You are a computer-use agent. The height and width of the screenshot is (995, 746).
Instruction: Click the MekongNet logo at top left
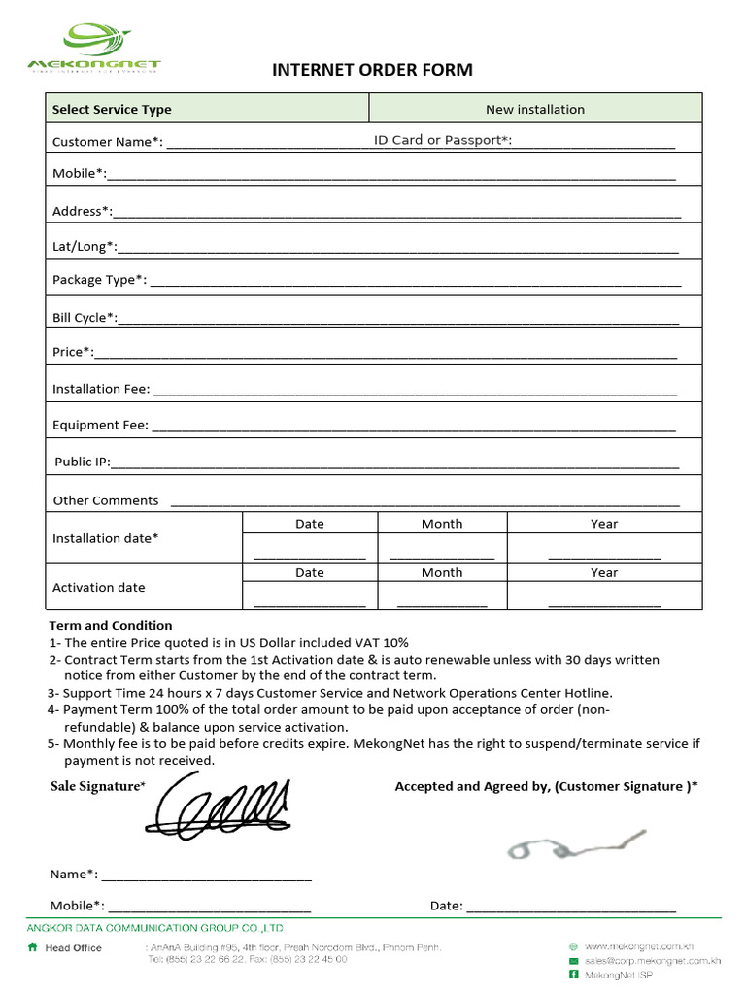[x=95, y=49]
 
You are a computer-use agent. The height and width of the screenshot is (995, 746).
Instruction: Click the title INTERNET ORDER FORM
[x=372, y=70]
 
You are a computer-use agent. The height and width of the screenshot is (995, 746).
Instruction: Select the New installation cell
[x=535, y=109]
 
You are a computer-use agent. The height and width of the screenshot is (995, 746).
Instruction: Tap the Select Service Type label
[x=112, y=110]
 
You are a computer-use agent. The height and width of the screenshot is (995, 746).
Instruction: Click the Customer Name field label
[x=107, y=142]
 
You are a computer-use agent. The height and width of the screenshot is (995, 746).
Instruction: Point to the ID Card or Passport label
[x=442, y=140]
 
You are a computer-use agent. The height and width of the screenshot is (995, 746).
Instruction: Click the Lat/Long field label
[x=84, y=246]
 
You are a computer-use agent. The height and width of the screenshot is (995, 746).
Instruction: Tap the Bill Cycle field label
[x=85, y=317]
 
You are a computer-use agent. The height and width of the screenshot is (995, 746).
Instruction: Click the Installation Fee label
[x=101, y=389]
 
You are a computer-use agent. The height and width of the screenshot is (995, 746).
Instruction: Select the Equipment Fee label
[x=100, y=425]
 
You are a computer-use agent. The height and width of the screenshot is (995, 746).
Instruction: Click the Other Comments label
[x=106, y=500]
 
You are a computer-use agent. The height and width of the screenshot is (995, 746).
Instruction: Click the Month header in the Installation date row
[x=442, y=524]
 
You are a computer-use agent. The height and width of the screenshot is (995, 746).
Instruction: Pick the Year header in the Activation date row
[x=603, y=573]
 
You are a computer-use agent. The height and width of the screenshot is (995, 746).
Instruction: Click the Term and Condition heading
[x=111, y=625]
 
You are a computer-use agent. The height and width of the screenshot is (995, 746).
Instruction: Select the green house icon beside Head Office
[x=33, y=947]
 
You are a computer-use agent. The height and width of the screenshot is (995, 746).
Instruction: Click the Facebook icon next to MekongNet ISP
[x=573, y=974]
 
